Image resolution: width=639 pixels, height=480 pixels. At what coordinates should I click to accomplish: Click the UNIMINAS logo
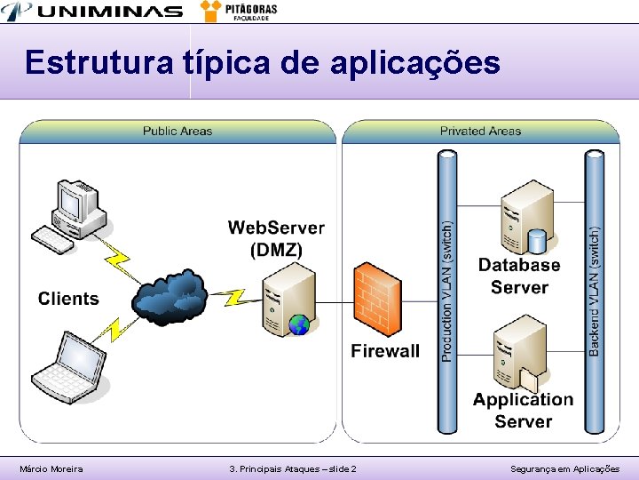point(93,12)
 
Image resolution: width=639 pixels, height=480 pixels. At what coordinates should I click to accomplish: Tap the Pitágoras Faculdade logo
point(240,11)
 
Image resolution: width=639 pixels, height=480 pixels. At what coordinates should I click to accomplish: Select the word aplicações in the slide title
point(414,64)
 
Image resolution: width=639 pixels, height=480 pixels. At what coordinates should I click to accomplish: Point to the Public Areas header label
point(177,131)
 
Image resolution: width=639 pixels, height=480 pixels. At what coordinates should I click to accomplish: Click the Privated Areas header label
point(480,131)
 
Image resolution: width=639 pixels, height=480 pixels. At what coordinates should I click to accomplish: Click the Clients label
point(68,299)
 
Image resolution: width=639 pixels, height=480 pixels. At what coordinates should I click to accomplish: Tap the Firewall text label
point(385,350)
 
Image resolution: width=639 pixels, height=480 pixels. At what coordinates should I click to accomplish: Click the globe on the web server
point(300,324)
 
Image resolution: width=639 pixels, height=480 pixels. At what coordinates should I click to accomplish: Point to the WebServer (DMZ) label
point(276,238)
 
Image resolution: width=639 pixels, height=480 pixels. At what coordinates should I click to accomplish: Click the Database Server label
point(519,276)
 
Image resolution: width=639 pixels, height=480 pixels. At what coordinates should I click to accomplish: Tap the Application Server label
point(523,410)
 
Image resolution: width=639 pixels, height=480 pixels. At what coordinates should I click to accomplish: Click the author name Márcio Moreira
point(51,468)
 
